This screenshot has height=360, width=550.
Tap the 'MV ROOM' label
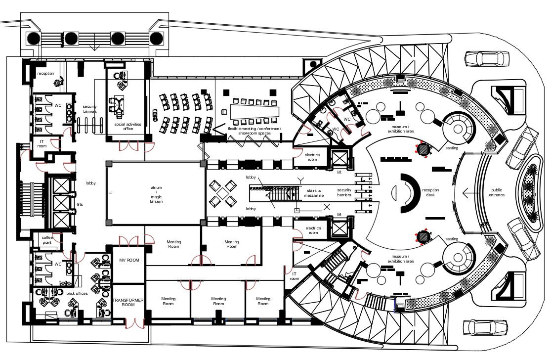(129, 260)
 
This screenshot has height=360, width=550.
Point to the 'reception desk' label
(430, 192)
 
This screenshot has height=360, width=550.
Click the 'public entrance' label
(497, 192)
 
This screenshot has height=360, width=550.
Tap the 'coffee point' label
(46, 240)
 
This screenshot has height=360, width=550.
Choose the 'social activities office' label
(124, 127)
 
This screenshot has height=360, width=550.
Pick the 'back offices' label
(77, 293)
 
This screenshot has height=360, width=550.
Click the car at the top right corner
(486, 58)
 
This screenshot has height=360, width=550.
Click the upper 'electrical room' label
(312, 157)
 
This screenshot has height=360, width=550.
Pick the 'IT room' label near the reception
(42, 143)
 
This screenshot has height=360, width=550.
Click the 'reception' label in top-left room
(45, 74)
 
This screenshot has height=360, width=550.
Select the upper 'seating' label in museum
(451, 148)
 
